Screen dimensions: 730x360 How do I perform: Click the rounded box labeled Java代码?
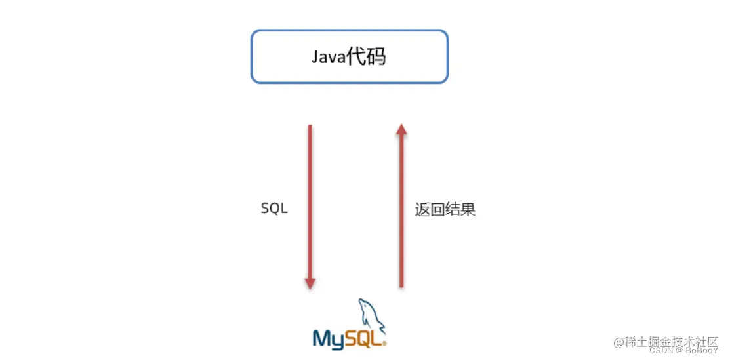(x=349, y=56)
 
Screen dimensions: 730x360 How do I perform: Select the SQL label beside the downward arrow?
(x=274, y=209)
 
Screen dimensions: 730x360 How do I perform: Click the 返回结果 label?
(x=445, y=210)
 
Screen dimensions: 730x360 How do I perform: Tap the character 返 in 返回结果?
(x=422, y=210)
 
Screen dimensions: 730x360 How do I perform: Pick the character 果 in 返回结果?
(x=468, y=210)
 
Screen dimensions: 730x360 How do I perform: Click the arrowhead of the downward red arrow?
(x=310, y=283)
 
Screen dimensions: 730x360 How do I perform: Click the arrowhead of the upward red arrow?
(x=401, y=130)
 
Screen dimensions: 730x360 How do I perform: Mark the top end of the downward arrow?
(x=310, y=126)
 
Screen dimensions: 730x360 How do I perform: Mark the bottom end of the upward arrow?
(x=401, y=287)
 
